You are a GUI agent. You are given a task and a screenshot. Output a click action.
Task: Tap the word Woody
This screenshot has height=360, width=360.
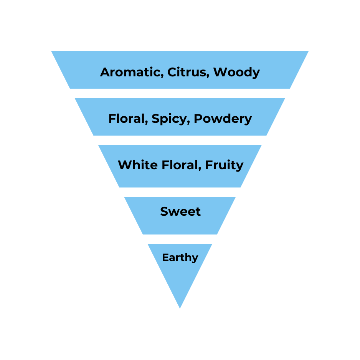(236, 72)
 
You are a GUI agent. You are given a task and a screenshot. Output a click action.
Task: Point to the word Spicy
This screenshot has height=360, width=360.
(169, 119)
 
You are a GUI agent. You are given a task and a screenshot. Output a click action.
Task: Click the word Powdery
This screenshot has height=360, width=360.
(223, 119)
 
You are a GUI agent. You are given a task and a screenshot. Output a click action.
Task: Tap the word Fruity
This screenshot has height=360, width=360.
(224, 165)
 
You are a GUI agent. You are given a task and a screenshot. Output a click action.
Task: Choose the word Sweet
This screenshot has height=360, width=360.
(180, 211)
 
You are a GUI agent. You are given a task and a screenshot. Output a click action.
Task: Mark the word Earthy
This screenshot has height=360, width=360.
(180, 258)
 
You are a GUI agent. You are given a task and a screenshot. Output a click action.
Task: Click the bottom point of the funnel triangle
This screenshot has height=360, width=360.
(180, 307)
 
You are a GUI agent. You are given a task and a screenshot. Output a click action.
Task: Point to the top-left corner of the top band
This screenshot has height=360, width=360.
(52, 52)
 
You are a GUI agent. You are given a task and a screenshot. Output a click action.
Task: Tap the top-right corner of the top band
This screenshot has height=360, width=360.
(307, 52)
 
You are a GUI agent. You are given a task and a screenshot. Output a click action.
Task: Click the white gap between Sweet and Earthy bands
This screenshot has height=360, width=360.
(180, 239)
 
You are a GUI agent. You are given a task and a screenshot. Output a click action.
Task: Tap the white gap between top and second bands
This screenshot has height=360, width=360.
(180, 93)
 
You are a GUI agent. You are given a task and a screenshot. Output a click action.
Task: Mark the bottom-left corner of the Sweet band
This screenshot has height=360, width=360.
(143, 234)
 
